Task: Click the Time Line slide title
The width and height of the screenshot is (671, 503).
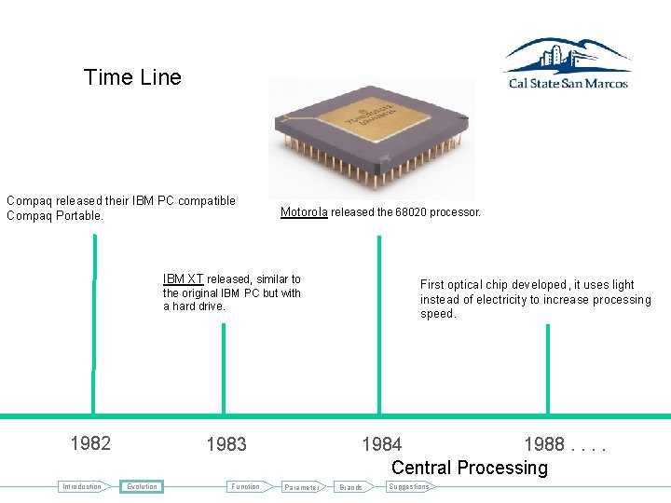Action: tap(132, 77)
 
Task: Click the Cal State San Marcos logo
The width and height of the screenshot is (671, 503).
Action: tap(567, 63)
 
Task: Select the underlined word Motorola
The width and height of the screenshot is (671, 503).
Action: tap(304, 212)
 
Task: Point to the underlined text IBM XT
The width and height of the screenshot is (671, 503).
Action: tap(183, 279)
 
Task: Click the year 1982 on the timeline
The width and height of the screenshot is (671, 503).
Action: tap(90, 443)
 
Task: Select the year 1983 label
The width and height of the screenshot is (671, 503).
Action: tap(226, 444)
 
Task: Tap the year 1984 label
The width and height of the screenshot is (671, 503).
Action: tap(382, 444)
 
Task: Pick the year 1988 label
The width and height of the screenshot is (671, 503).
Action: tap(543, 444)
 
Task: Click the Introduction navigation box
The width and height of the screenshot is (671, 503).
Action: tap(81, 486)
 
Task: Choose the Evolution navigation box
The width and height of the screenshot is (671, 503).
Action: tap(143, 486)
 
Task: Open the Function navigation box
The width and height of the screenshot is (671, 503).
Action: tap(246, 486)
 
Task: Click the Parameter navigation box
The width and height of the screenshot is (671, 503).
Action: tap(302, 487)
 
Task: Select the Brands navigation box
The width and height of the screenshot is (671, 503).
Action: tap(351, 487)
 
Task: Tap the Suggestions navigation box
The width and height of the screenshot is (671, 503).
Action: tap(408, 486)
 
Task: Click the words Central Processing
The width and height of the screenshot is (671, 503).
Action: tap(470, 468)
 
